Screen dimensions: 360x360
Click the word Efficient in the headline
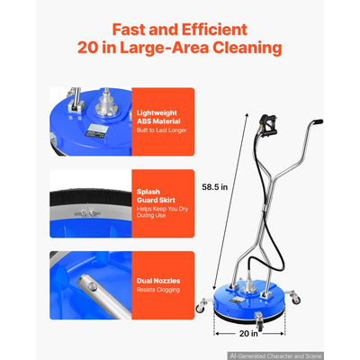(x=214, y=30)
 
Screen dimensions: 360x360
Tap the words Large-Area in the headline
(x=164, y=48)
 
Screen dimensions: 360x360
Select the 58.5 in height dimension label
(x=215, y=187)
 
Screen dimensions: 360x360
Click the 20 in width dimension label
(x=248, y=333)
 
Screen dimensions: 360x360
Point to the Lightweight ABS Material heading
(x=158, y=117)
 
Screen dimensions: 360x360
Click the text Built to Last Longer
(x=162, y=130)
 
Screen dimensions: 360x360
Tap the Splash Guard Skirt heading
(x=156, y=196)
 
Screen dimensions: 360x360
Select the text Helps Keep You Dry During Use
(x=162, y=212)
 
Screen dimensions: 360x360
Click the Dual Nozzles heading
(x=158, y=281)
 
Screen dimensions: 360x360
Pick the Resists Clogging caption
(x=158, y=290)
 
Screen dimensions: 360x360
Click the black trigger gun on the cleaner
(x=267, y=125)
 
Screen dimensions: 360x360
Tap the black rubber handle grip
(x=317, y=122)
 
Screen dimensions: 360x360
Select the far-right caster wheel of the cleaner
(x=296, y=299)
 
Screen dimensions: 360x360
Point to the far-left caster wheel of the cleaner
(x=200, y=308)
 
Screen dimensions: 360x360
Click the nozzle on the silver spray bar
(x=93, y=289)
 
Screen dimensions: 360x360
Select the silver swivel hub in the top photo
(x=106, y=105)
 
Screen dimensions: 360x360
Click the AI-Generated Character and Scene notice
(x=275, y=356)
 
